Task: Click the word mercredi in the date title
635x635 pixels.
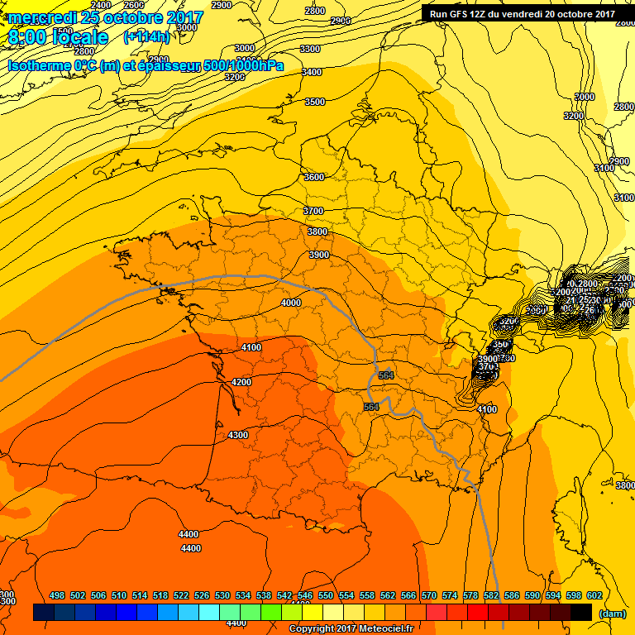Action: click(x=41, y=18)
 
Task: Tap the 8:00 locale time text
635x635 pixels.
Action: click(x=58, y=38)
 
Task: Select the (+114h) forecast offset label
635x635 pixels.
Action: click(x=146, y=37)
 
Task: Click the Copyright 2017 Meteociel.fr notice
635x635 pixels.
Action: click(x=351, y=628)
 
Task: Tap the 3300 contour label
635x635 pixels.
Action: click(x=310, y=50)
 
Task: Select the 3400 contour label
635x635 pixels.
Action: click(x=312, y=73)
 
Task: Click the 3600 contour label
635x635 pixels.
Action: click(x=314, y=177)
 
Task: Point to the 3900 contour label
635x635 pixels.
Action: click(x=318, y=255)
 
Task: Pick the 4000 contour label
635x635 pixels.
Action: click(x=291, y=303)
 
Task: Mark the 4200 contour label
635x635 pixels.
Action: click(x=241, y=382)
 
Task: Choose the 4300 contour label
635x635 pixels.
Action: click(x=237, y=435)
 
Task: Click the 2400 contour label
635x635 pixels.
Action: click(x=101, y=6)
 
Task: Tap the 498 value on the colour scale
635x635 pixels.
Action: click(x=57, y=595)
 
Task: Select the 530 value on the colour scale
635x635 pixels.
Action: click(x=222, y=595)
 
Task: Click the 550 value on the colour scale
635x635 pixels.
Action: click(x=326, y=595)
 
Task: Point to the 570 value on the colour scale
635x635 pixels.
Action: click(x=429, y=595)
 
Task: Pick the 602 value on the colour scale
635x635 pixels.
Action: click(x=594, y=595)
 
